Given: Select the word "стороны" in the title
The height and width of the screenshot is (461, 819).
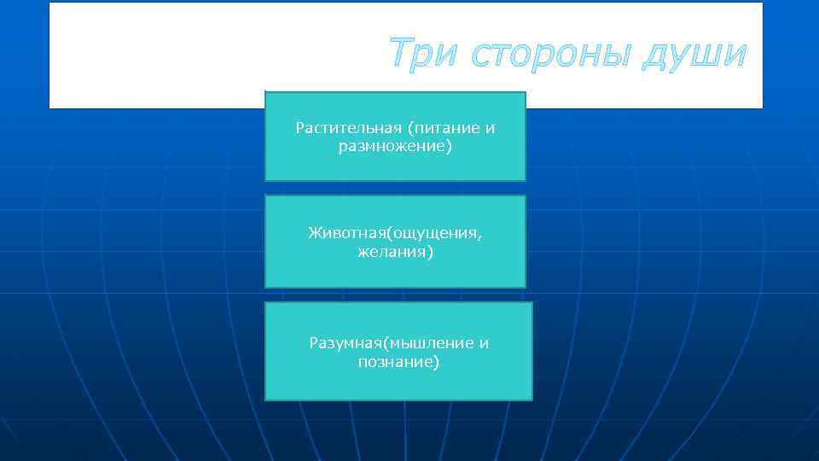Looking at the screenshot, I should [547, 54].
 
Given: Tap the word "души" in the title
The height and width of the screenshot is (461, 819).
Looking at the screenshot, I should [694, 55].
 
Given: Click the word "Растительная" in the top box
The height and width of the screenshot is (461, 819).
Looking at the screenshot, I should [348, 128].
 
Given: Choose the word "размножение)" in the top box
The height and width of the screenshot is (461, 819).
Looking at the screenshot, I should [395, 147].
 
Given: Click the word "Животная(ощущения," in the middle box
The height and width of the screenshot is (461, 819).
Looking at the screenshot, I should [400, 232].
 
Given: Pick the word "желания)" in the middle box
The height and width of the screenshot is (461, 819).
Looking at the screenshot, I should [395, 252].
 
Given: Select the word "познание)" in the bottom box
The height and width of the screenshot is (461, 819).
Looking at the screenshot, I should [398, 362].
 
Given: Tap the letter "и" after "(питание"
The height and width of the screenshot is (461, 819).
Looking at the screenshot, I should [491, 129].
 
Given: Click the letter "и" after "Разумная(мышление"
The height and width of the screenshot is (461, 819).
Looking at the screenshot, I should [485, 344].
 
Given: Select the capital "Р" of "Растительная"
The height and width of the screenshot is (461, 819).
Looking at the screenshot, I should [299, 128].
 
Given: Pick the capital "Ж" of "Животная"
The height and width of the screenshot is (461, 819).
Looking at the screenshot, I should [313, 232].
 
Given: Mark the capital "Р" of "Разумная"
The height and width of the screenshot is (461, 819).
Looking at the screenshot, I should [313, 343].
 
